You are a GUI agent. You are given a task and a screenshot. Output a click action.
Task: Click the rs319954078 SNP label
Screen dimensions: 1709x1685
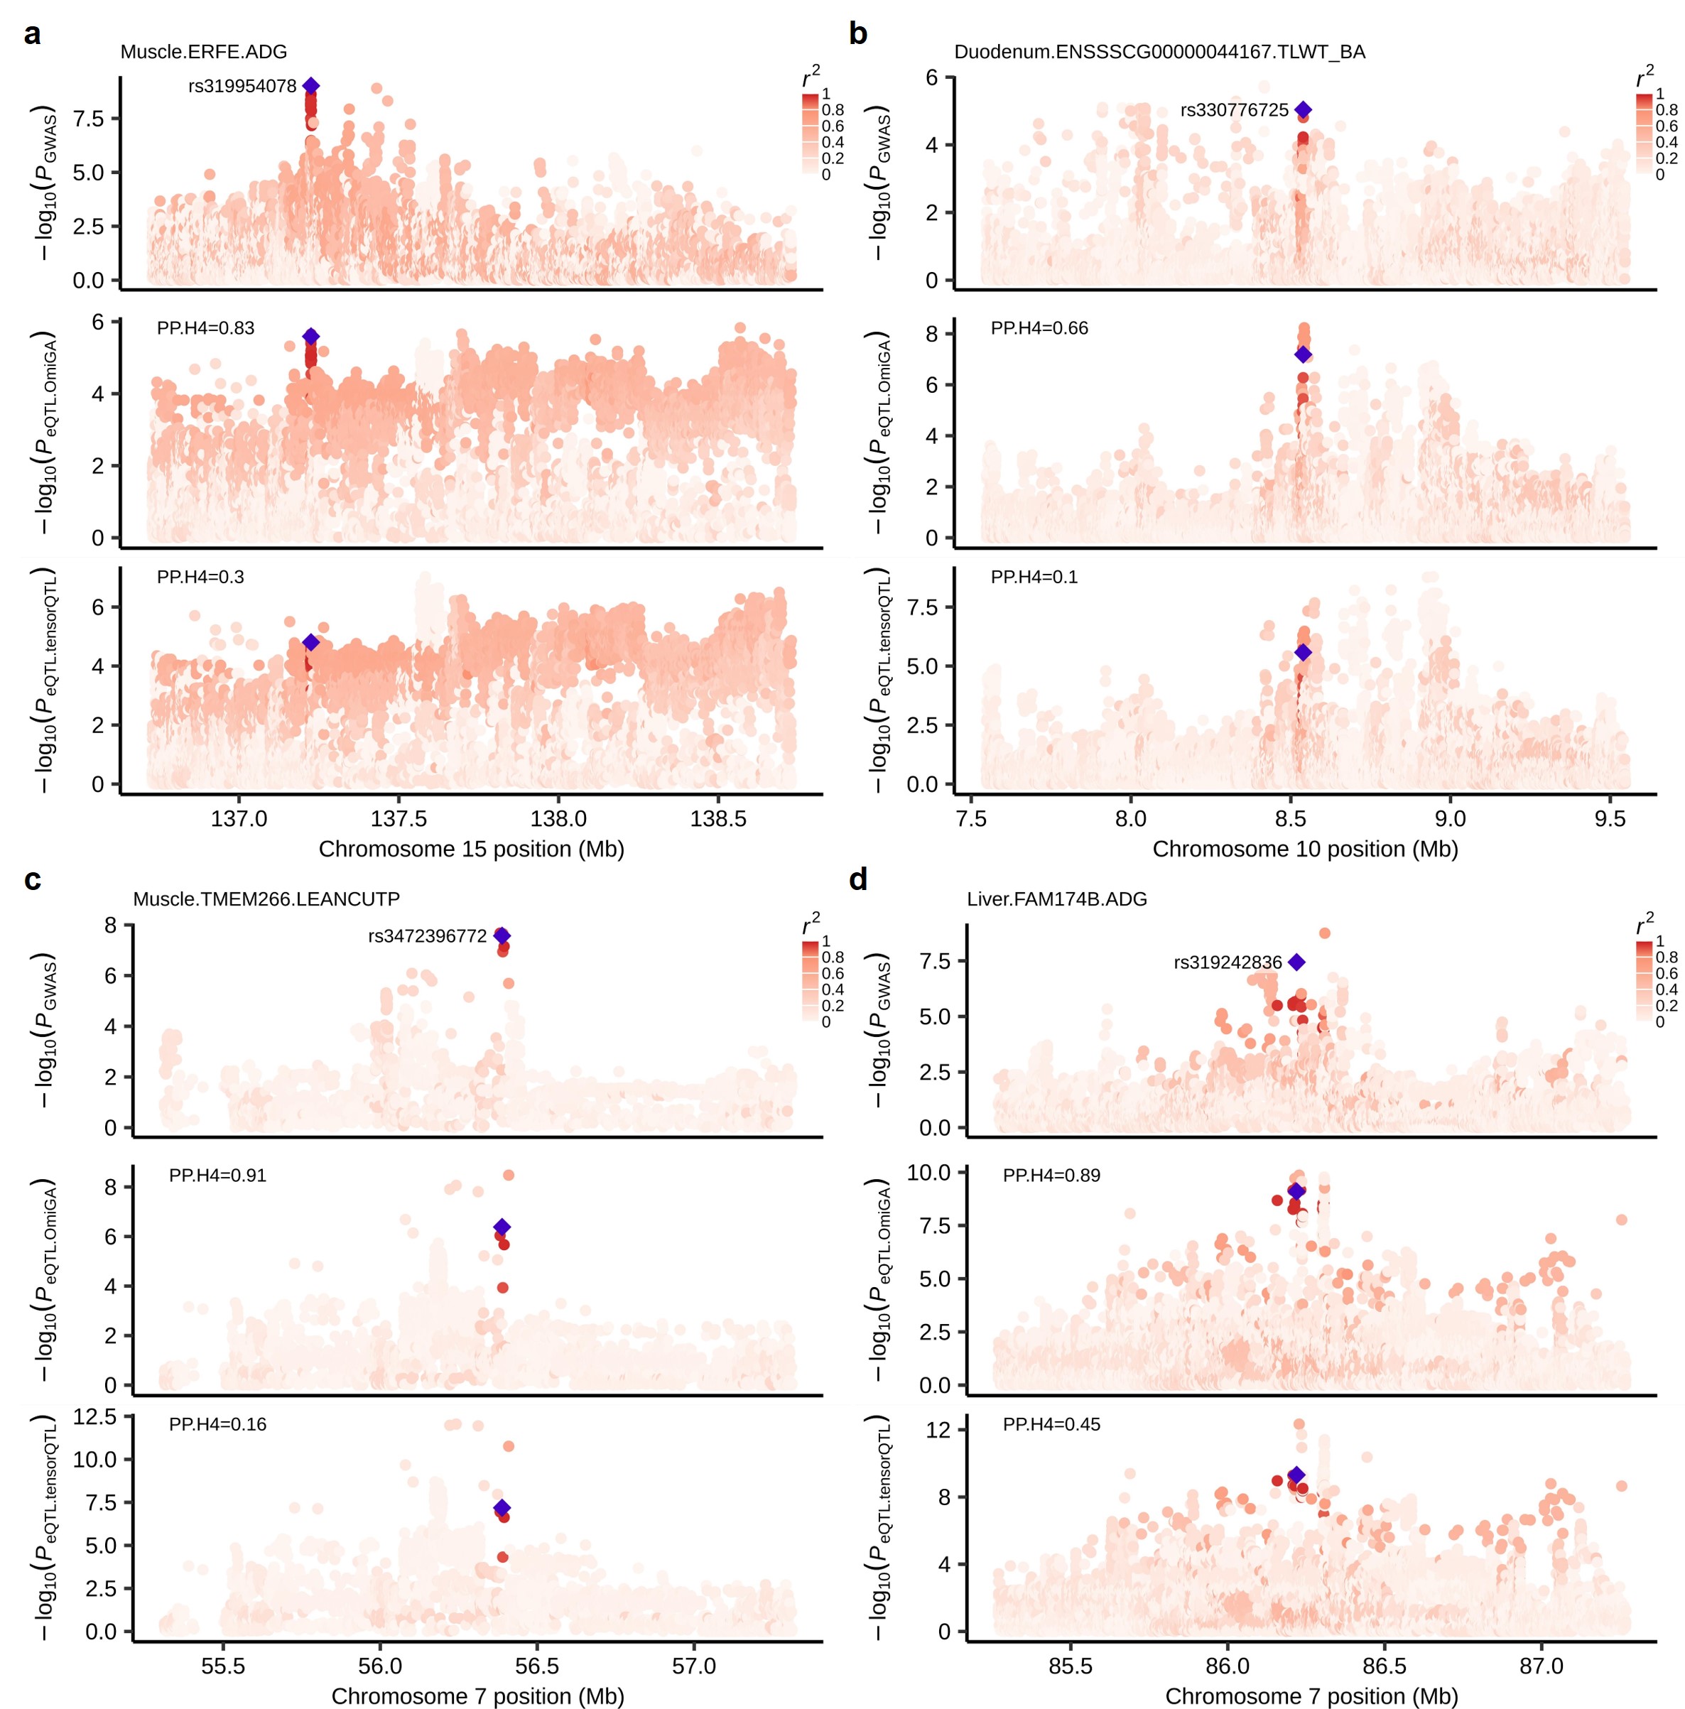coord(242,86)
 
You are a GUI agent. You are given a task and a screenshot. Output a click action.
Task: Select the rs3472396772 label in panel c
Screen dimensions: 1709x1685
coord(427,936)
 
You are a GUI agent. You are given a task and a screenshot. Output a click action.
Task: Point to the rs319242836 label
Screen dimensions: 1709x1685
coord(1227,962)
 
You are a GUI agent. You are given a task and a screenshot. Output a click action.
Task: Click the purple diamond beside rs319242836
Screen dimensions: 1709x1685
coord(1296,962)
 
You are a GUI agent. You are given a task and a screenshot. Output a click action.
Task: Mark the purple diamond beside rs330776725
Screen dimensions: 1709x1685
coord(1303,109)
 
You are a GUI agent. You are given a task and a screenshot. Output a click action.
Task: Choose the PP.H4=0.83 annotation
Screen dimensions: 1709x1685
coord(205,328)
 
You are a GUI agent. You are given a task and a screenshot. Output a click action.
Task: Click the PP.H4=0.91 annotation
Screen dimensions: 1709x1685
coord(217,1176)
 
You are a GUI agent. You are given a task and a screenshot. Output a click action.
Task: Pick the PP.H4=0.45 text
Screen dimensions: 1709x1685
coord(1051,1424)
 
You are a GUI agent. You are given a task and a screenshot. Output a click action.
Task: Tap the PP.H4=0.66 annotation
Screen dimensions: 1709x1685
coord(1039,328)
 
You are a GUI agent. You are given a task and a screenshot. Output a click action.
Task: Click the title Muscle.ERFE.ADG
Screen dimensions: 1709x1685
coord(203,52)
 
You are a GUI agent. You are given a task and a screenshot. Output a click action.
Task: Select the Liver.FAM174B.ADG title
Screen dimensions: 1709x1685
coord(1056,900)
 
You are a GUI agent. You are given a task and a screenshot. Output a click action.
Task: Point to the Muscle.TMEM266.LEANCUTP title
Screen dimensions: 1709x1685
coord(266,900)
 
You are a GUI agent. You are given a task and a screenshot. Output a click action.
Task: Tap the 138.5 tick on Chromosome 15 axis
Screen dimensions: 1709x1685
coord(717,819)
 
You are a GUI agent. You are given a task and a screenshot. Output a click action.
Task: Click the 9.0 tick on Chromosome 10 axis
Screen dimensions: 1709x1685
coord(1450,819)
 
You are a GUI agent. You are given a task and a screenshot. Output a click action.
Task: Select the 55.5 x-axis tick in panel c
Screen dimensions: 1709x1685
coord(223,1666)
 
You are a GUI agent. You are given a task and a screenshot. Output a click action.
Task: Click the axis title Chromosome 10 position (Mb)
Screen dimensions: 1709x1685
coord(1305,850)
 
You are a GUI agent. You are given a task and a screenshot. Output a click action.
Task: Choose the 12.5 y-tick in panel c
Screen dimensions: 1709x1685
coord(94,1417)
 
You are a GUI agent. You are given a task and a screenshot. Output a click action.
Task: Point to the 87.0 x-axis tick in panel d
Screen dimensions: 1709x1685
coord(1541,1666)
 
